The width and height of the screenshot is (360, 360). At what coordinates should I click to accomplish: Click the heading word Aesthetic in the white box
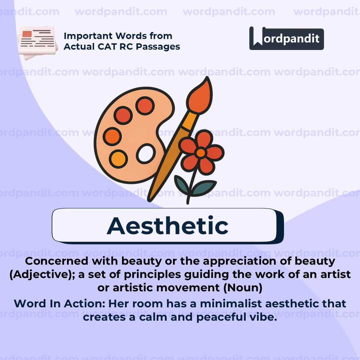[167, 226]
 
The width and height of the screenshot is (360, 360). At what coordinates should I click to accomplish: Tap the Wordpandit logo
[286, 38]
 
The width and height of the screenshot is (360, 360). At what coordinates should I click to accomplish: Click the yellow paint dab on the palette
[118, 159]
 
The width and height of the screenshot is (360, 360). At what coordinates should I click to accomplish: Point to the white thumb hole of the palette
[146, 153]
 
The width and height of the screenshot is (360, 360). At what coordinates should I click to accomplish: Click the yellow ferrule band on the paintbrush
[190, 121]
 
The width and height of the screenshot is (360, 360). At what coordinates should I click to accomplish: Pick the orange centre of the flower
[201, 153]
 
